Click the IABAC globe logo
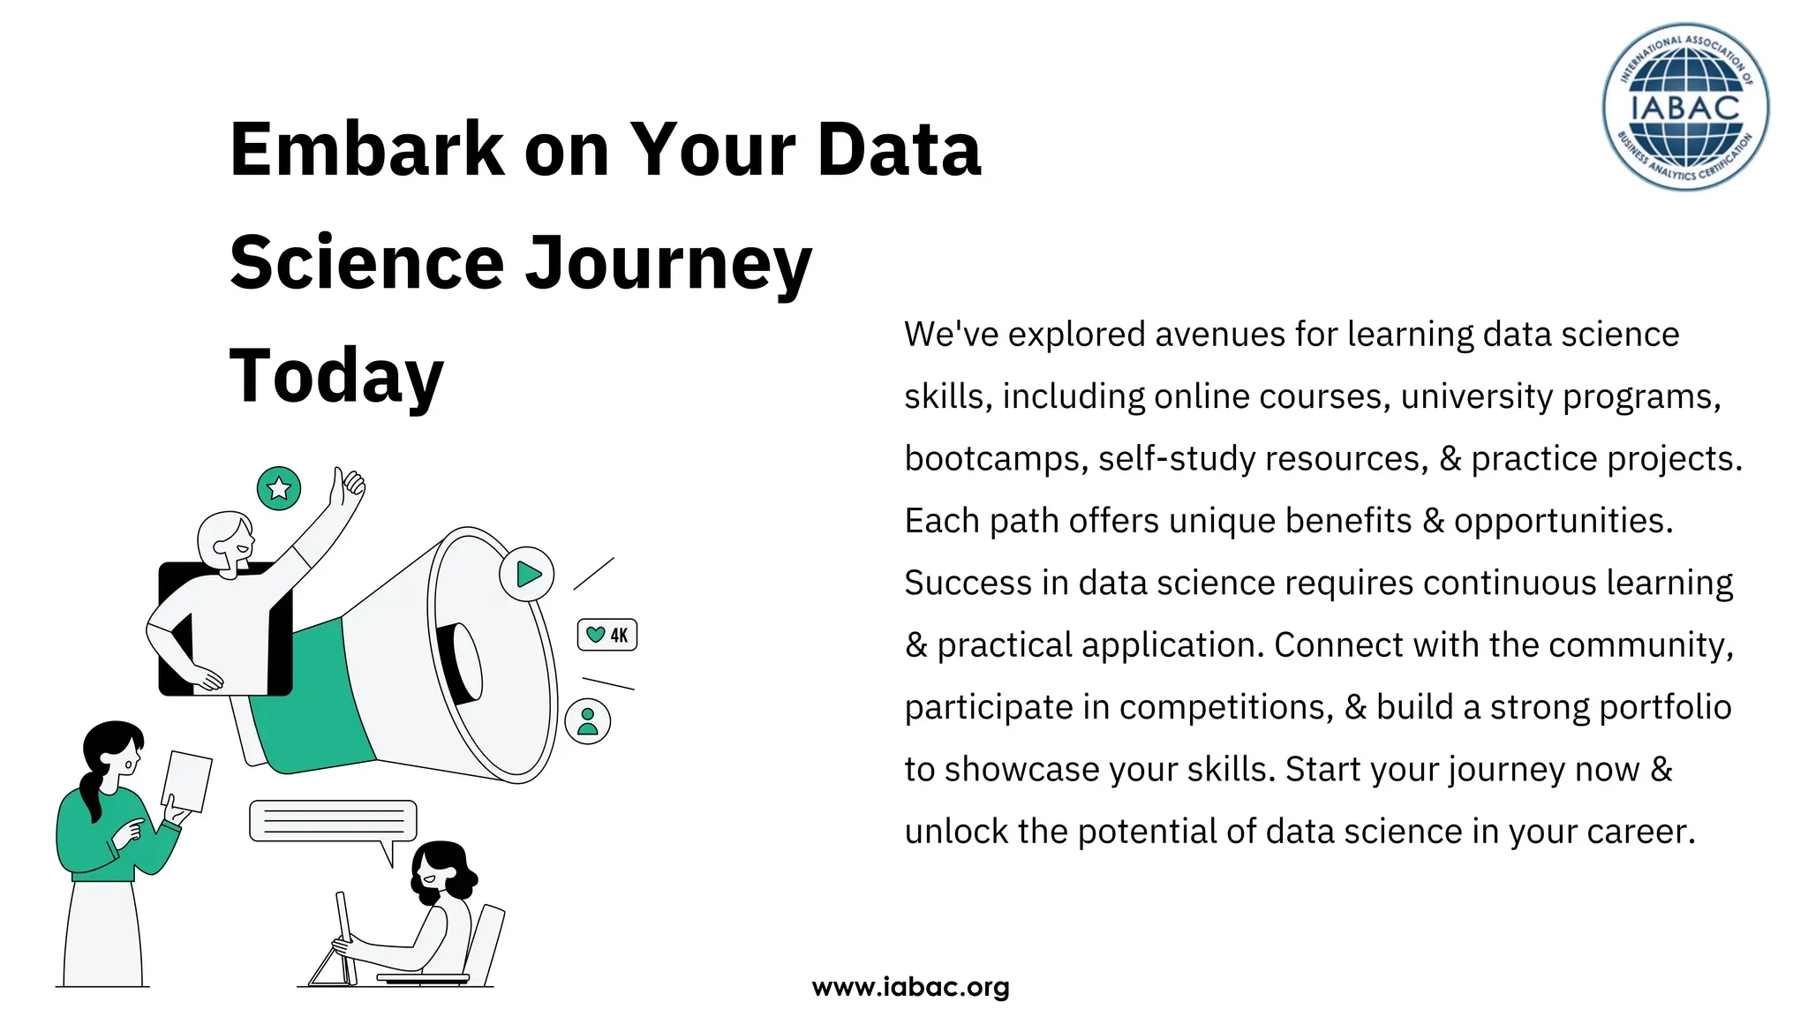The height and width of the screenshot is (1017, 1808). pos(1685,107)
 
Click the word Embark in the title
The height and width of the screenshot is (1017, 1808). pos(366,150)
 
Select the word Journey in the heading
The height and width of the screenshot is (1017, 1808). pos(668,264)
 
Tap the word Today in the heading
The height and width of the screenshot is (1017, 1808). pos(336,377)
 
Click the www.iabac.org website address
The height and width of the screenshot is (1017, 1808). pos(910,987)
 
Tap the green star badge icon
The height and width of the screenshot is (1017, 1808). pos(279,488)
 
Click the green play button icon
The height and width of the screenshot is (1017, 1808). pos(527,574)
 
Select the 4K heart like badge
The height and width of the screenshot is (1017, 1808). pos(607,635)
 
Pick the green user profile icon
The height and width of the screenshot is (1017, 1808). pos(588,720)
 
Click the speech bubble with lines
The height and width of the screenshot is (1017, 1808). pos(333,821)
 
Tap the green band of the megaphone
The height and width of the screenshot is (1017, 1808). pos(313,697)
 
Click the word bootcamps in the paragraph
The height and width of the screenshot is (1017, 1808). pos(996,459)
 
